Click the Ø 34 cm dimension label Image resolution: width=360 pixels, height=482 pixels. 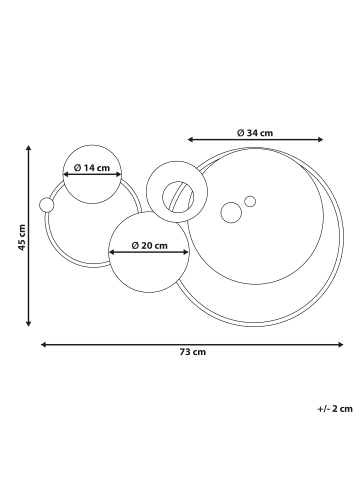[x=255, y=131]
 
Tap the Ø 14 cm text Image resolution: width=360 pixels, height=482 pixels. [x=91, y=168]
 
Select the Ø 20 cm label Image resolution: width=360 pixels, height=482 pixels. [x=150, y=246]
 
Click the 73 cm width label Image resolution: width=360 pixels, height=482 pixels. [x=193, y=352]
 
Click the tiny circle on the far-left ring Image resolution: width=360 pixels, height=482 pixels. [x=46, y=205]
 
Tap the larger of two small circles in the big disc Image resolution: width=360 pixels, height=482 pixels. [x=231, y=212]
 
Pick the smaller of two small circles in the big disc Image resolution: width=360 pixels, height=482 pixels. [x=250, y=201]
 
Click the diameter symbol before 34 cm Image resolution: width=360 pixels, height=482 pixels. [x=241, y=131]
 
